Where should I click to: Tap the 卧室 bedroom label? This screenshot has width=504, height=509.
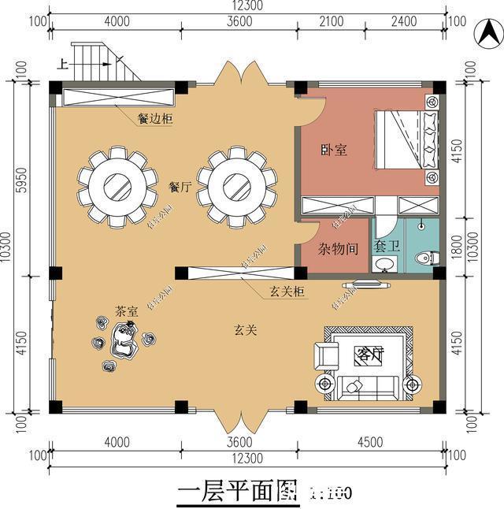click(335, 149)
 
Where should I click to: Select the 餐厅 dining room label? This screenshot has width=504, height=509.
click(180, 188)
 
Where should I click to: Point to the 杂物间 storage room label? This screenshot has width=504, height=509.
click(339, 248)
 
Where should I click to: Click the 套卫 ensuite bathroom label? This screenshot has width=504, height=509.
click(387, 247)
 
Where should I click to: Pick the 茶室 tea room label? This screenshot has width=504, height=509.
click(126, 310)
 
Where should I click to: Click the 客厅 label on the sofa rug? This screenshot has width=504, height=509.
click(369, 355)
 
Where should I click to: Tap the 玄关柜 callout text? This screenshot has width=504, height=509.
click(287, 292)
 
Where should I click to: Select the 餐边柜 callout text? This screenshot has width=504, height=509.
click(155, 120)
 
